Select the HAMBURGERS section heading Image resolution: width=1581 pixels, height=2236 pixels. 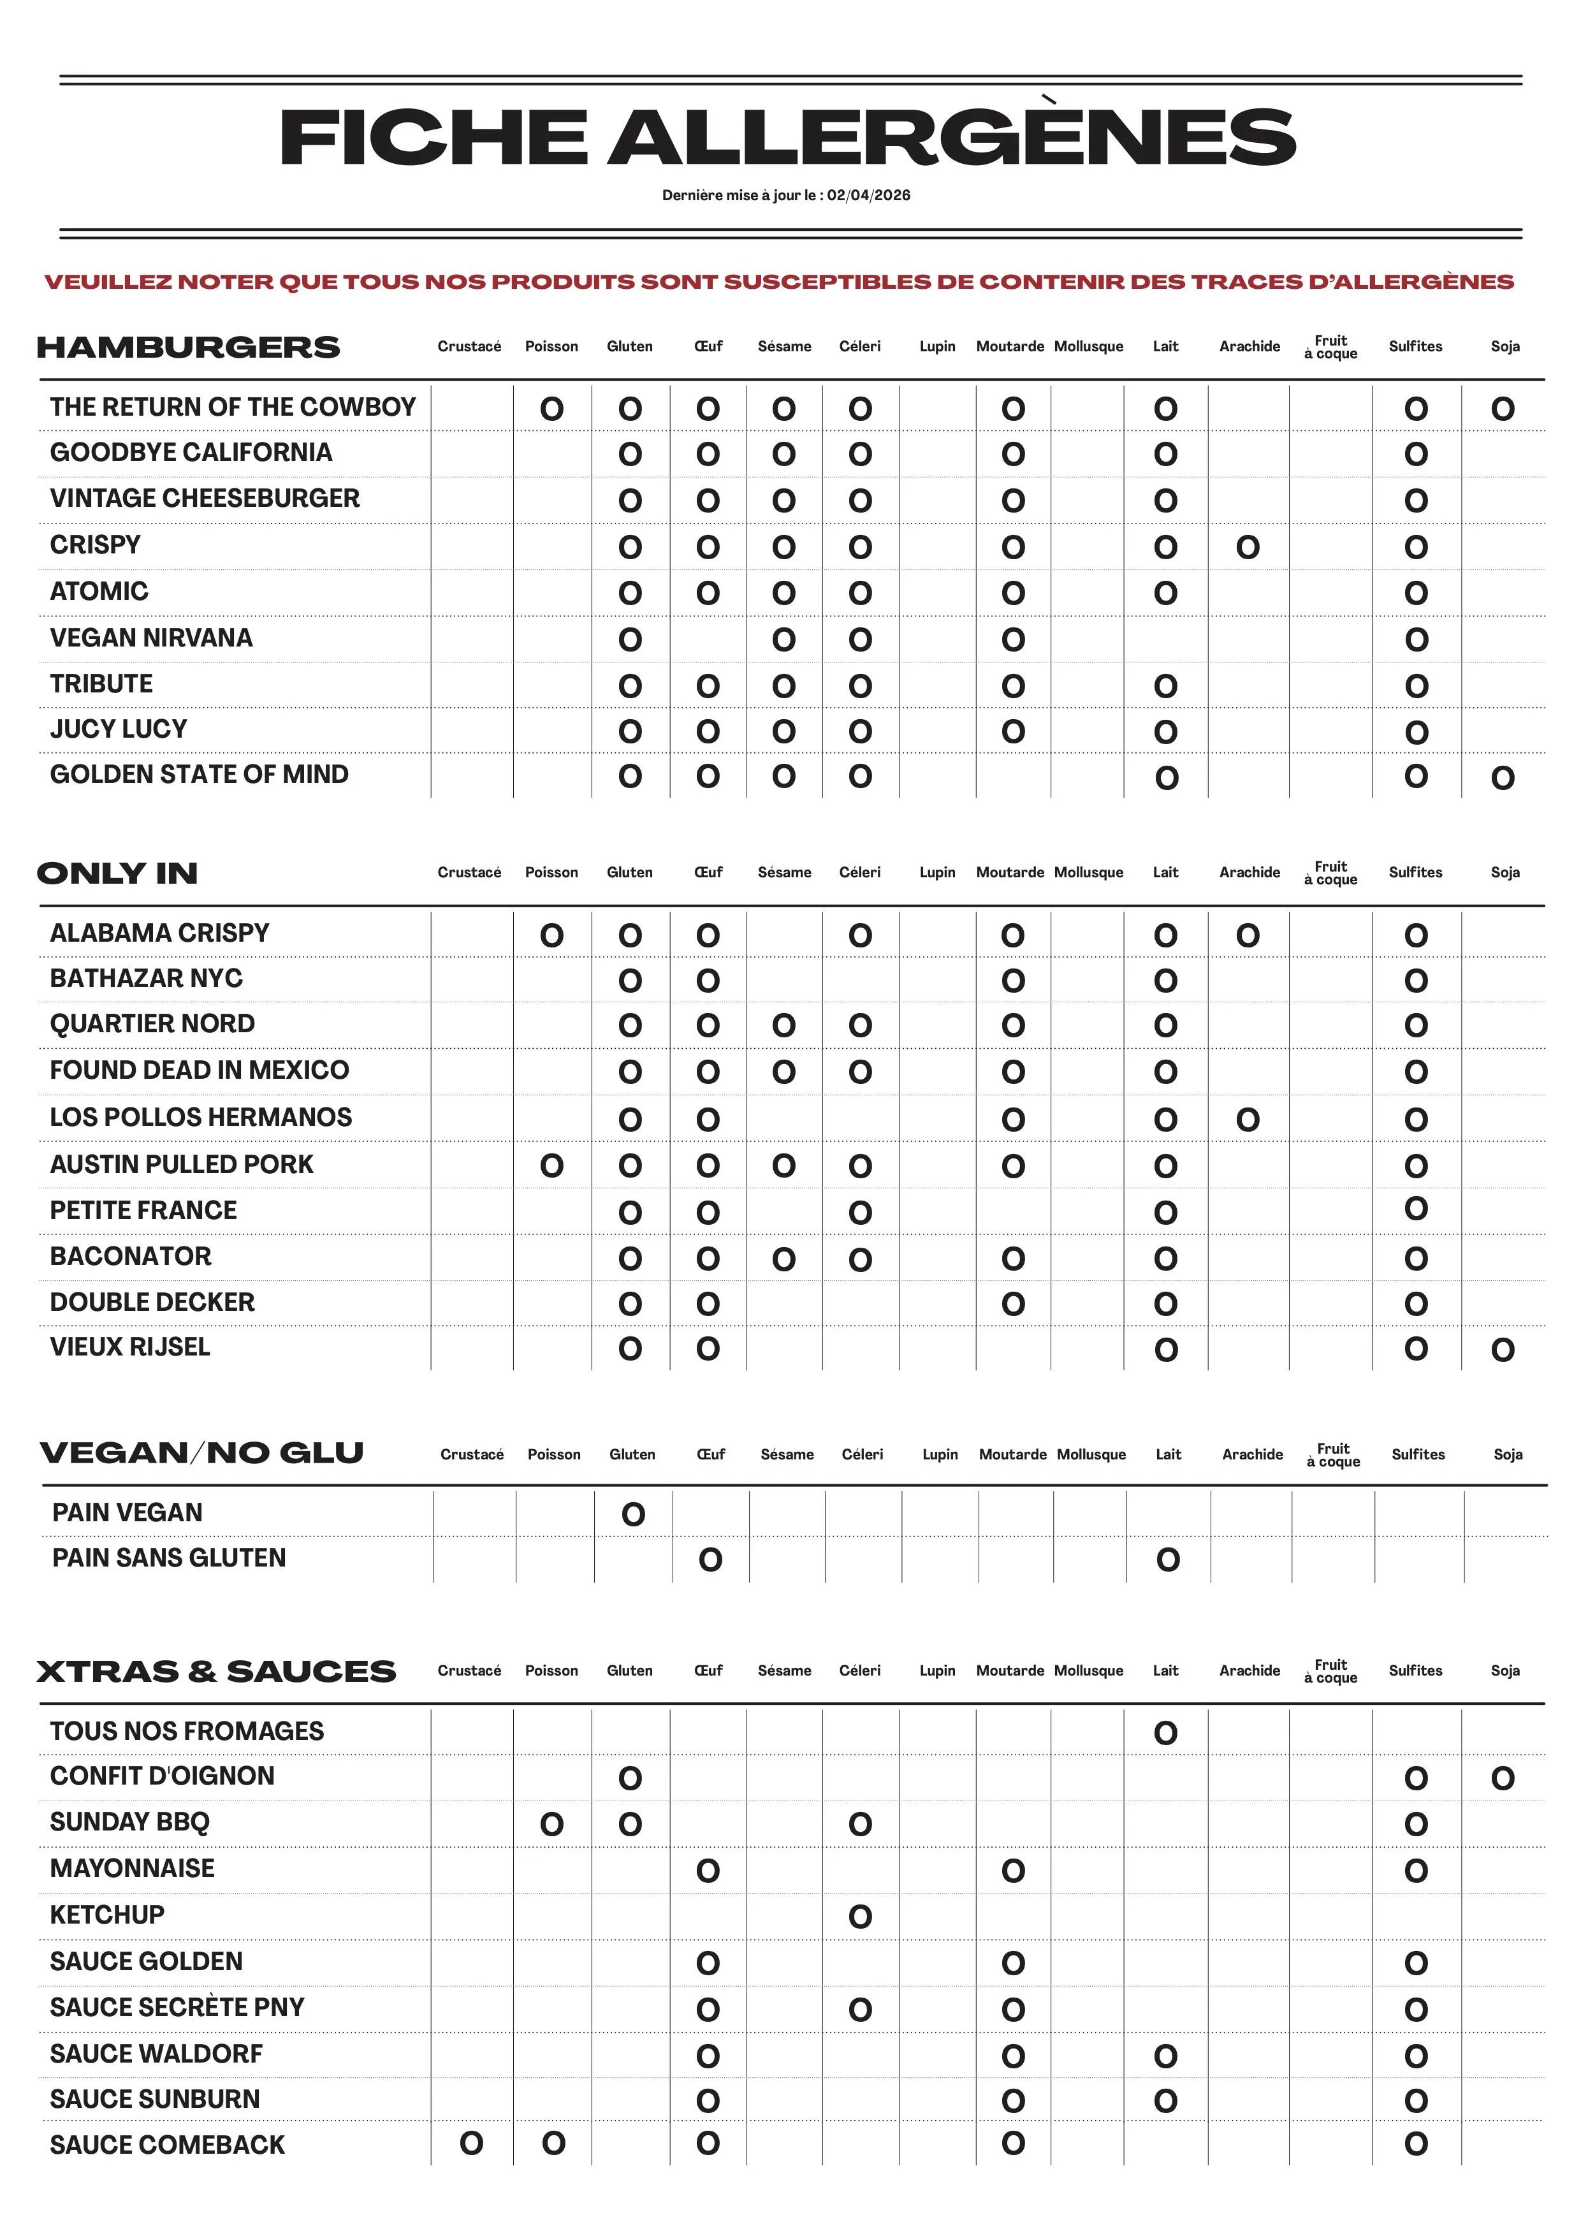[188, 347]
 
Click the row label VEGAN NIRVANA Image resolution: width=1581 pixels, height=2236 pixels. [151, 638]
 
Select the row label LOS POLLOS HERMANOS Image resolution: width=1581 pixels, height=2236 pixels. [201, 1117]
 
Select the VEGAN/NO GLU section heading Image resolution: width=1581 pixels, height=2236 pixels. [201, 1453]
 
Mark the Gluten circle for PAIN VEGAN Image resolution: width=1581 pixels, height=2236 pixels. [633, 1514]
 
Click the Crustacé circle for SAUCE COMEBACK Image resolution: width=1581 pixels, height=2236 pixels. [471, 2144]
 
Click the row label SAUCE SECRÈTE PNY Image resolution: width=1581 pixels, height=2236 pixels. [177, 2007]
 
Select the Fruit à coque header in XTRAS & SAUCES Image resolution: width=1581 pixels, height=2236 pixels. [1331, 1671]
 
